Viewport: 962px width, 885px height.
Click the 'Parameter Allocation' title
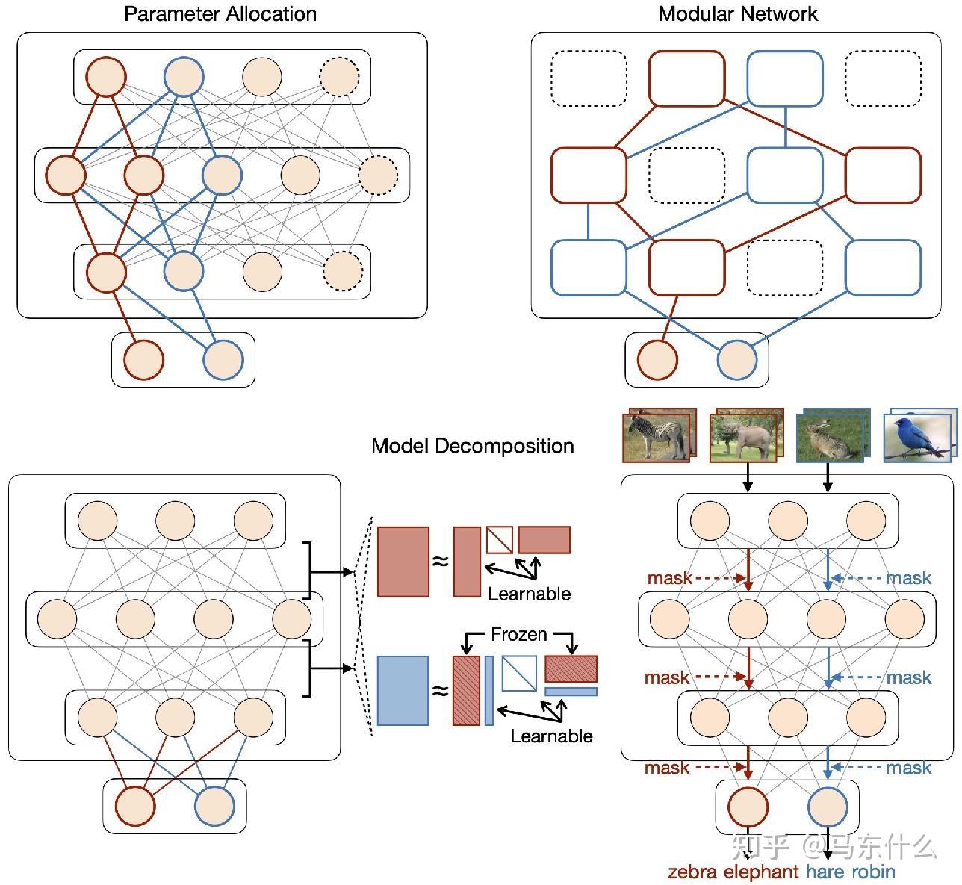pyautogui.click(x=220, y=14)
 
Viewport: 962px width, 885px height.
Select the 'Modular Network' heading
pyautogui.click(x=737, y=14)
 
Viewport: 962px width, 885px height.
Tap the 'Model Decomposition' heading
pyautogui.click(x=472, y=446)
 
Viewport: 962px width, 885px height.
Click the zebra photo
pyautogui.click(x=655, y=438)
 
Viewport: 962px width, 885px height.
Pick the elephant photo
pyautogui.click(x=743, y=438)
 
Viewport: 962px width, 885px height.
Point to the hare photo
pyautogui.click(x=830, y=438)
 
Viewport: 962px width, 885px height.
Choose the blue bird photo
pyautogui.click(x=917, y=438)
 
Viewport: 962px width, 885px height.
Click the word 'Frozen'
pyautogui.click(x=519, y=635)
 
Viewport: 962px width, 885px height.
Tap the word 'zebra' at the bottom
pyautogui.click(x=692, y=872)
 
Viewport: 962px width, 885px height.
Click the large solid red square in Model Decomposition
pyautogui.click(x=403, y=562)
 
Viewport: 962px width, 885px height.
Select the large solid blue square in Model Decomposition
pyautogui.click(x=403, y=691)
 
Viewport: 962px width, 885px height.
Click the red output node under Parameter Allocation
pyautogui.click(x=143, y=360)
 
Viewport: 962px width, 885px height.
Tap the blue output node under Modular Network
pyautogui.click(x=737, y=360)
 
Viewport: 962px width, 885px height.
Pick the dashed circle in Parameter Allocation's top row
pyautogui.click(x=340, y=76)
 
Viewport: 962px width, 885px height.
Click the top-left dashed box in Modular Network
pyautogui.click(x=589, y=78)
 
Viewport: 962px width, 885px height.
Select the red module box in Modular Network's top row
pyautogui.click(x=686, y=78)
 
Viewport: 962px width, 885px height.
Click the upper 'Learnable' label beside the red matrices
pyautogui.click(x=529, y=594)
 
